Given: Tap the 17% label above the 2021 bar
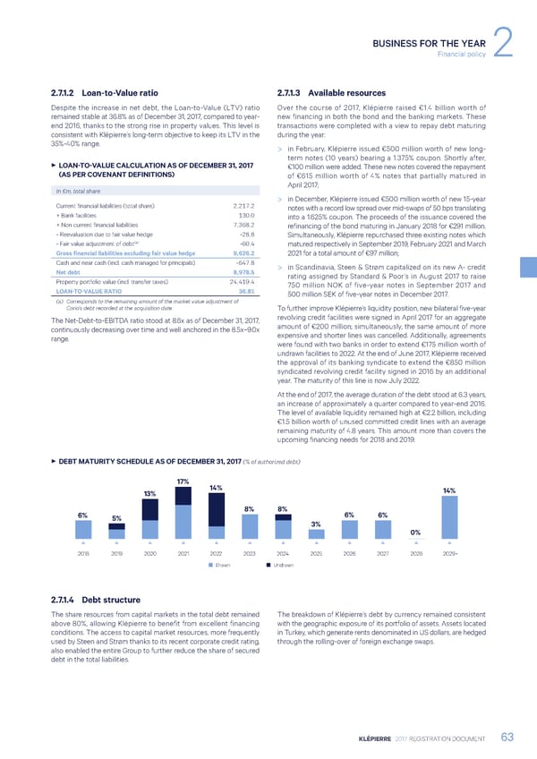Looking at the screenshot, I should (183, 483).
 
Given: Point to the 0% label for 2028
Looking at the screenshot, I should (415, 532).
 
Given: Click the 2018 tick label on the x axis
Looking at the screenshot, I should (83, 553).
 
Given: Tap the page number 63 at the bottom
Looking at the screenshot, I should (507, 737).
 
